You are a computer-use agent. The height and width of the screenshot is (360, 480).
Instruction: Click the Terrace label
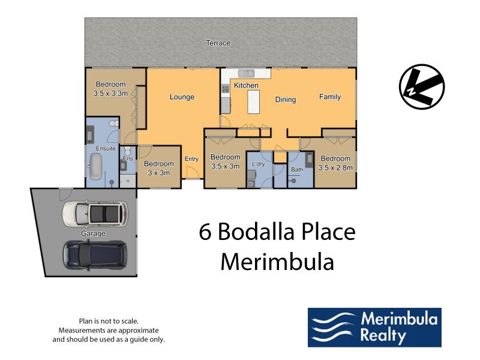tap(218, 43)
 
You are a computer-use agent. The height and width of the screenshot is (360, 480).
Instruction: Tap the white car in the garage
tap(95, 214)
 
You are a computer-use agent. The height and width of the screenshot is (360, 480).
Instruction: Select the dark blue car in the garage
tap(95, 254)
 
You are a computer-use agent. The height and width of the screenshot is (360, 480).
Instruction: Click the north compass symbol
tap(422, 86)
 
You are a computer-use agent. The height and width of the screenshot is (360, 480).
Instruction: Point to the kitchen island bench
tap(253, 102)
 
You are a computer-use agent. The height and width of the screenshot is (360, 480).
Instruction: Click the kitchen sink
tap(246, 73)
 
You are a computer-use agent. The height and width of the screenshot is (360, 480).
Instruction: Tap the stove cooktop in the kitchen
tap(225, 89)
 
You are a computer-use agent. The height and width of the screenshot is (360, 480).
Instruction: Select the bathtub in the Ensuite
tap(95, 167)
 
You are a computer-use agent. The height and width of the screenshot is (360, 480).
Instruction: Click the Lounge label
tap(182, 97)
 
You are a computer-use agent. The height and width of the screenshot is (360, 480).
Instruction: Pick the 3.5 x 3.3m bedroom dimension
tap(110, 94)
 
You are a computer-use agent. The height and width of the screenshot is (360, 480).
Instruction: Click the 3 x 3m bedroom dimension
tap(158, 173)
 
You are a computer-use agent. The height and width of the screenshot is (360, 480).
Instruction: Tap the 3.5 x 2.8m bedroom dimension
tap(335, 168)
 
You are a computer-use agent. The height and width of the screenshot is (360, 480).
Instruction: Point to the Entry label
tap(191, 159)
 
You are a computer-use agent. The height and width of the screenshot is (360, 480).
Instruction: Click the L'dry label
tap(259, 164)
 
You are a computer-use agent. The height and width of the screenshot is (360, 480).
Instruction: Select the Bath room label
tap(297, 169)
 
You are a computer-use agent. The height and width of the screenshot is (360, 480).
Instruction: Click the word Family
tap(329, 97)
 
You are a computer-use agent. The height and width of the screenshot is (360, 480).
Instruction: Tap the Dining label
tap(286, 100)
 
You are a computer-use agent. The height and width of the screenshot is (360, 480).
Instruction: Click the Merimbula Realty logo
tap(374, 327)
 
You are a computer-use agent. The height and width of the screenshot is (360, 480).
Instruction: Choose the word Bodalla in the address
tap(257, 232)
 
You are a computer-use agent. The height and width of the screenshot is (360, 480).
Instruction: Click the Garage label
tap(93, 233)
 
